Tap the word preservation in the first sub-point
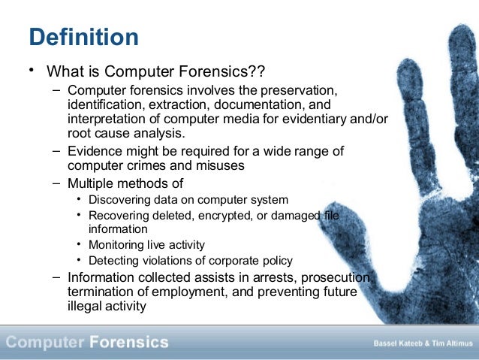299,91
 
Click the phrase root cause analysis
125,134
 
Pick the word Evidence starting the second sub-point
95,151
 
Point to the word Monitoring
116,245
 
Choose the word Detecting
113,261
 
